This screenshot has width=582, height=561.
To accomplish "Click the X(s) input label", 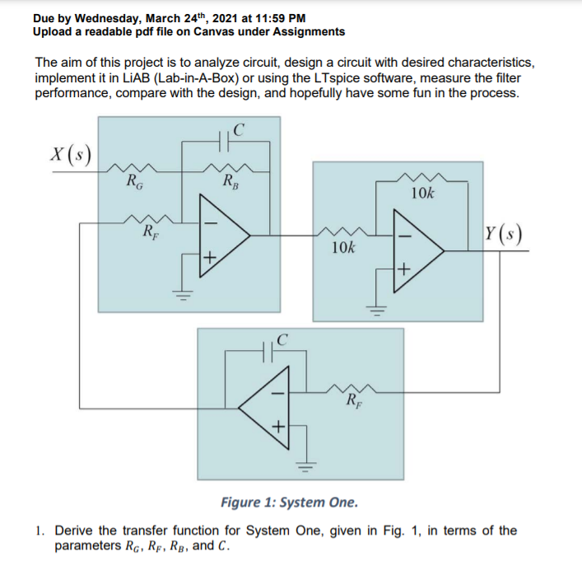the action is tap(71, 154).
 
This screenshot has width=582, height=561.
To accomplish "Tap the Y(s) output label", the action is tap(504, 234).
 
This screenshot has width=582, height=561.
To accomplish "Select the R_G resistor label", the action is tap(134, 182).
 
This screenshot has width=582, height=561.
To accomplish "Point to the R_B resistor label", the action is tap(230, 181).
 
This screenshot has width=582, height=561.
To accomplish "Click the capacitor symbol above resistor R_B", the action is tap(223, 142).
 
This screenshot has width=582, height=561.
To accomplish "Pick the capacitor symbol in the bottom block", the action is tap(268, 352).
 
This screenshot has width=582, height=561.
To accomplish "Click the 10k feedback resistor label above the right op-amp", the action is tap(422, 194).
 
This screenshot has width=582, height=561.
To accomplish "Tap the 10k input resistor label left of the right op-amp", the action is tap(343, 247).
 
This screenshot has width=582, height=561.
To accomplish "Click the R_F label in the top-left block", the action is tap(151, 232).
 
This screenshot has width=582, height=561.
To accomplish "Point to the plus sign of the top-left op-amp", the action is tap(210, 257).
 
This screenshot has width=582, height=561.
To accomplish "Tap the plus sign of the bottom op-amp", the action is tap(279, 426).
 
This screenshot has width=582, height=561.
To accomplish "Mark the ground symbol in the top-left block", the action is tap(182, 295).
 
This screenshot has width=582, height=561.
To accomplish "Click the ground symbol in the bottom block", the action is tap(306, 466).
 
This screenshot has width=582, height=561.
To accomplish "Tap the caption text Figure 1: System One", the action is tap(290, 503).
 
